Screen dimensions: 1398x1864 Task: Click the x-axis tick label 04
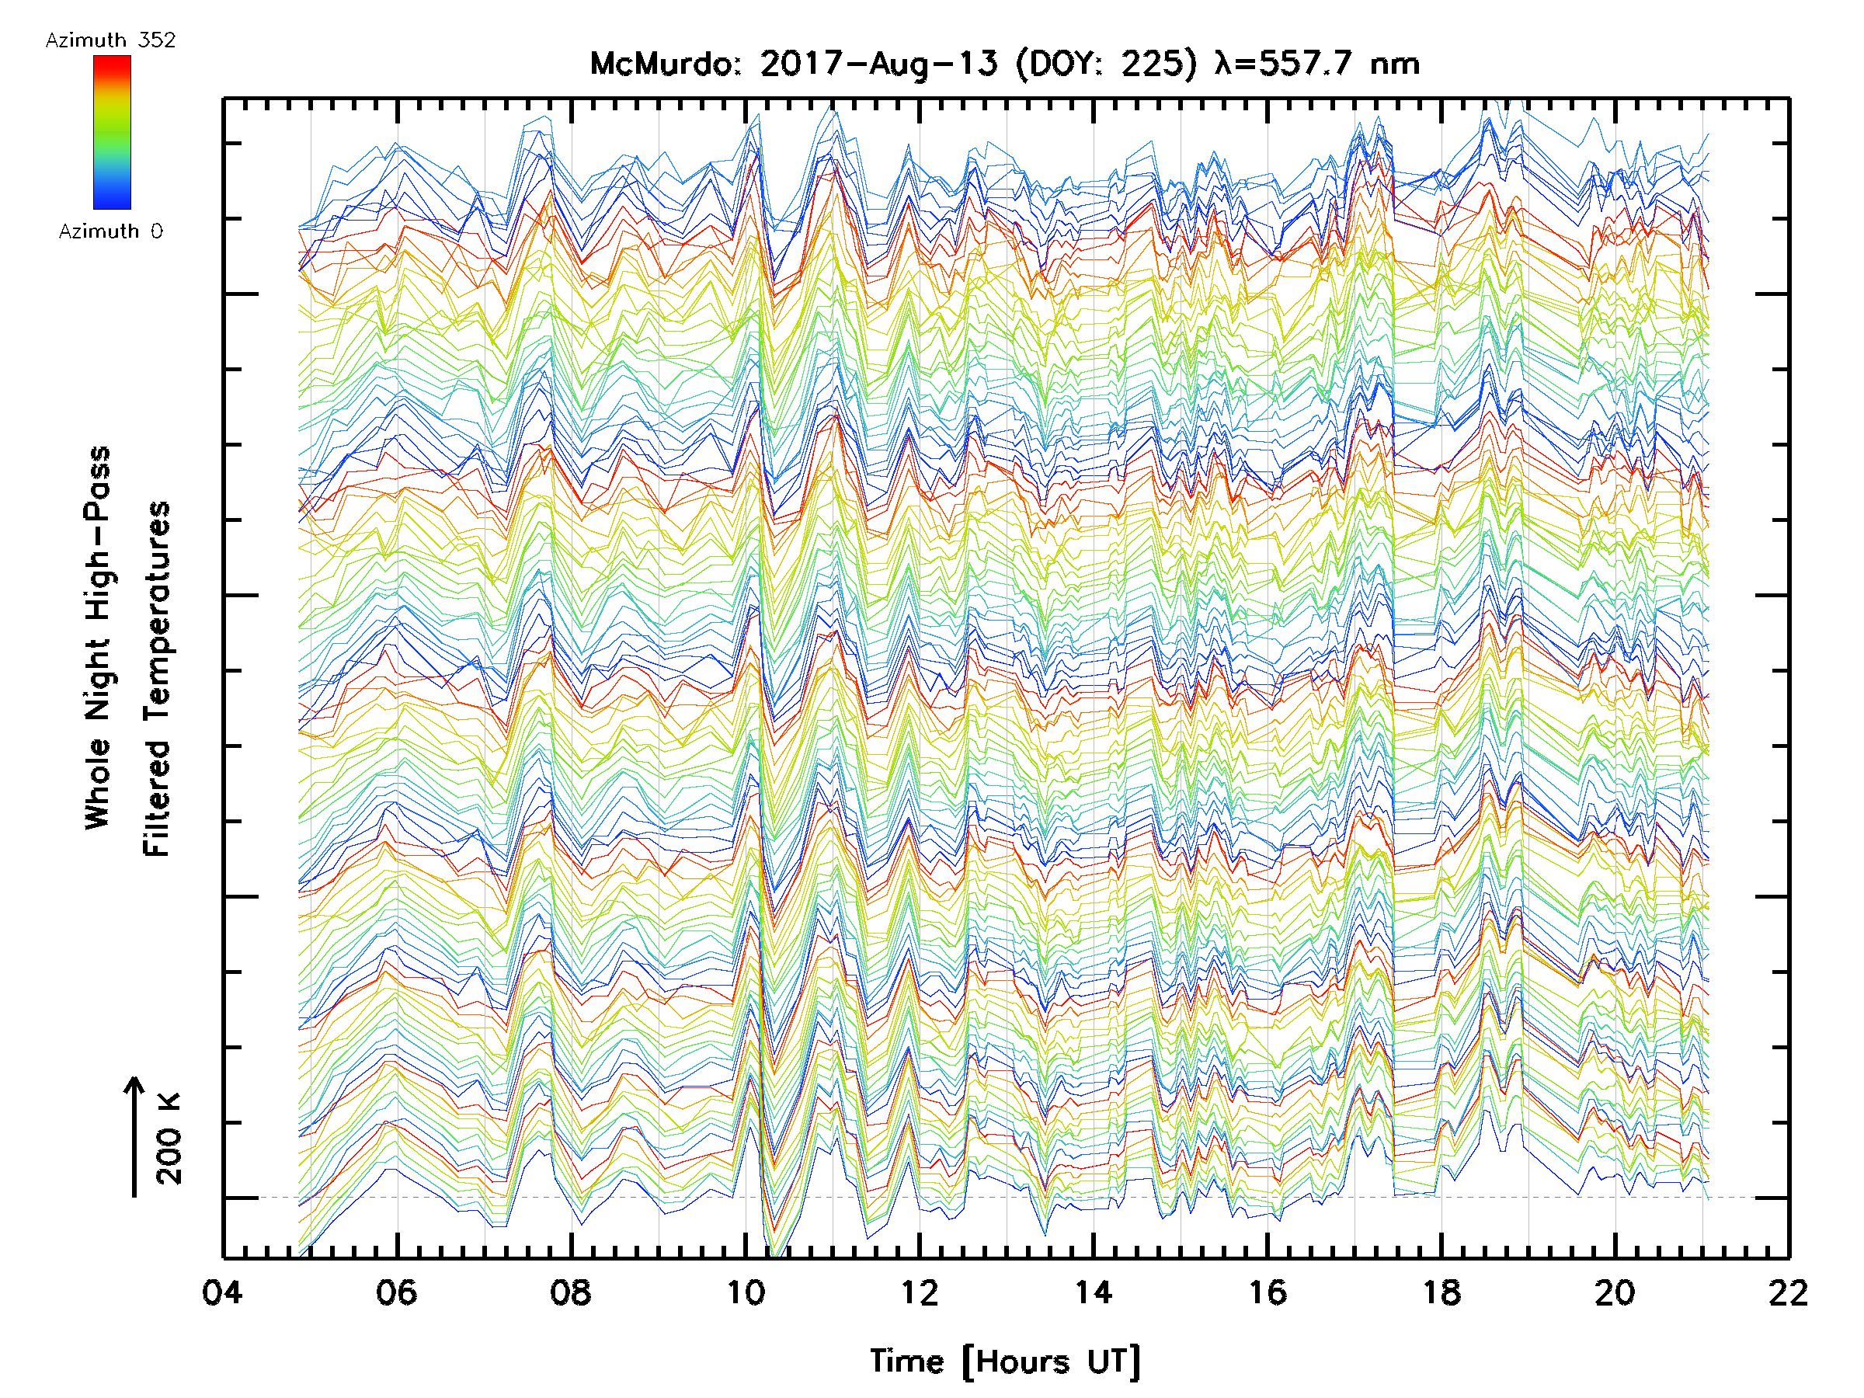point(222,1292)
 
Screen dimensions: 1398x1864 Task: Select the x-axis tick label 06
point(396,1292)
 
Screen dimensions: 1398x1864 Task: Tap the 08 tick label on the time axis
point(571,1292)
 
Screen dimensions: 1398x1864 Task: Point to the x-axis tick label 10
point(745,1292)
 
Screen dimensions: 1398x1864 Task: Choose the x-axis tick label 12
point(919,1292)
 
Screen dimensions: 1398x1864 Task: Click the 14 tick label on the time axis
point(1093,1292)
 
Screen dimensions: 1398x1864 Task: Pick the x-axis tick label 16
point(1268,1292)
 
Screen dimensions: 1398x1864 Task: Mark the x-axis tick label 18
point(1441,1292)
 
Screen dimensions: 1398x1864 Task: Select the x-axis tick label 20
point(1615,1292)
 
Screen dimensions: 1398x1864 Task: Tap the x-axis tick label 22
point(1788,1292)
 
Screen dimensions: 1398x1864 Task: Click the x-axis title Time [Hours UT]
point(1004,1361)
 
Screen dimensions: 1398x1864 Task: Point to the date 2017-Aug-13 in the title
point(878,64)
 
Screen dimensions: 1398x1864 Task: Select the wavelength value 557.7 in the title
point(1308,64)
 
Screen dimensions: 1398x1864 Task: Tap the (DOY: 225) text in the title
point(1107,64)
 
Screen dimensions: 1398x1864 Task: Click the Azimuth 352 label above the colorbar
point(110,40)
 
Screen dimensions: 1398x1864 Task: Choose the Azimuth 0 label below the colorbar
point(110,231)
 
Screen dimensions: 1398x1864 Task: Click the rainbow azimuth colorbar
point(112,132)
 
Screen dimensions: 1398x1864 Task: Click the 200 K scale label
point(169,1139)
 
